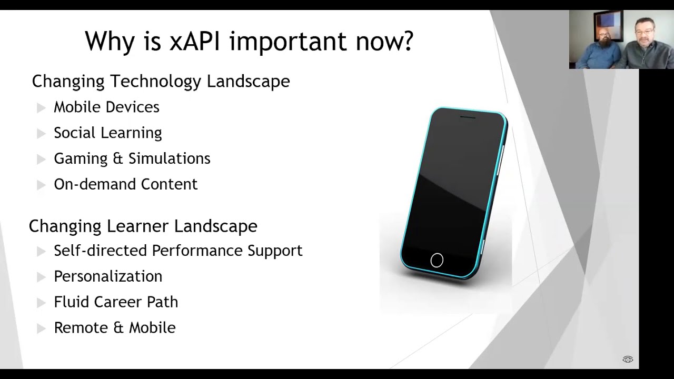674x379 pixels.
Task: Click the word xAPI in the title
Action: coord(195,41)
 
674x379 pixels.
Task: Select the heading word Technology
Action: coord(156,82)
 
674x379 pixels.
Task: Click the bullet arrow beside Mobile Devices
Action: coord(41,108)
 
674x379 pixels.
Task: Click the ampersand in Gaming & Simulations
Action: coord(118,158)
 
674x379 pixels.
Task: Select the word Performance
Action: coord(197,251)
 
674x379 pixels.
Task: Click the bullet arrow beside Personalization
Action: coord(41,277)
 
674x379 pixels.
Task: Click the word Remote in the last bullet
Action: coord(81,327)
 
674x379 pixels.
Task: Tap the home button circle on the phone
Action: coord(437,260)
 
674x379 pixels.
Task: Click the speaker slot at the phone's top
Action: coord(468,117)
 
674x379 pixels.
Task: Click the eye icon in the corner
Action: coord(628,360)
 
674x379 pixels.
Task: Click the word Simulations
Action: coord(170,158)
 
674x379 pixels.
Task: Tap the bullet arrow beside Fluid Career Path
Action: coord(41,303)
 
